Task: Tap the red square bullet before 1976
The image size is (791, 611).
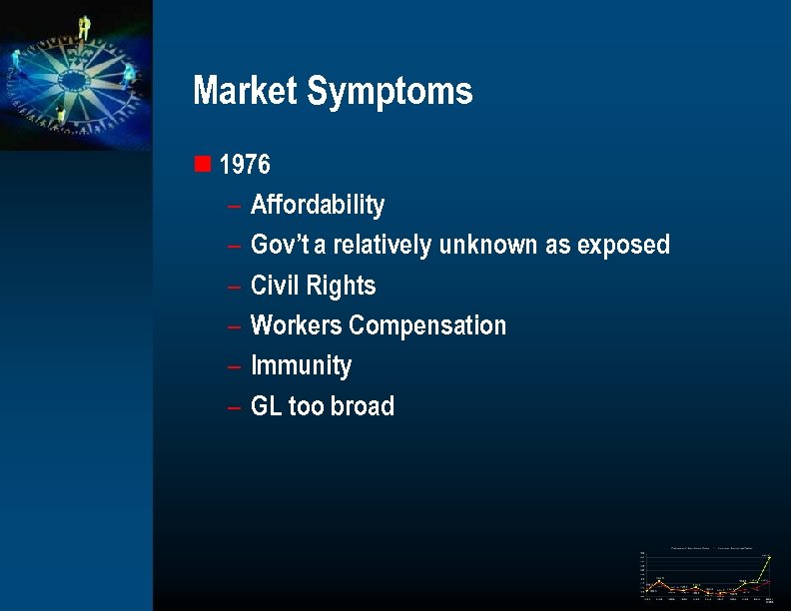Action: [203, 164]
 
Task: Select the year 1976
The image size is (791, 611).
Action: [245, 165]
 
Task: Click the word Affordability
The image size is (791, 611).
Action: [317, 206]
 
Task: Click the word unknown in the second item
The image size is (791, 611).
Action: [487, 245]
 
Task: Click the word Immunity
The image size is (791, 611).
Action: [301, 366]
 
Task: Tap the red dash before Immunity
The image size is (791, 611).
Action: [233, 367]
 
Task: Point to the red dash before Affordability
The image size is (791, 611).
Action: [233, 207]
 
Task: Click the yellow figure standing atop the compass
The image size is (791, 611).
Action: [84, 27]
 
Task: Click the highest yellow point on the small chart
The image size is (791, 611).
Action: [769, 557]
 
